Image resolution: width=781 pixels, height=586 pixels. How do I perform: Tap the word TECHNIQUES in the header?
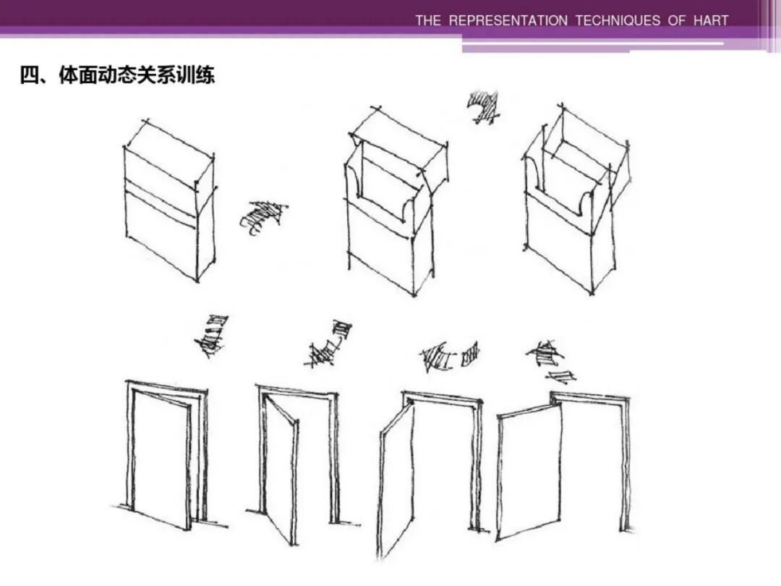pyautogui.click(x=618, y=20)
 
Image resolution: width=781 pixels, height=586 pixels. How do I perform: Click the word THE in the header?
pyautogui.click(x=427, y=20)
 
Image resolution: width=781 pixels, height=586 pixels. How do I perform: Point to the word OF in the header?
pyautogui.click(x=676, y=20)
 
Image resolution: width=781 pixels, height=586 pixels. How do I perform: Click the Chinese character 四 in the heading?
pyautogui.click(x=28, y=75)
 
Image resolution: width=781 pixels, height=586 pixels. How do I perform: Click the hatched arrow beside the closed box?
pyautogui.click(x=263, y=217)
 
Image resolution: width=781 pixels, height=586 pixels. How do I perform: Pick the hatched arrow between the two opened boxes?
pyautogui.click(x=483, y=107)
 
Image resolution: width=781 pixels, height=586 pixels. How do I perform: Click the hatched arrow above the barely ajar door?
pyautogui.click(x=329, y=344)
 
